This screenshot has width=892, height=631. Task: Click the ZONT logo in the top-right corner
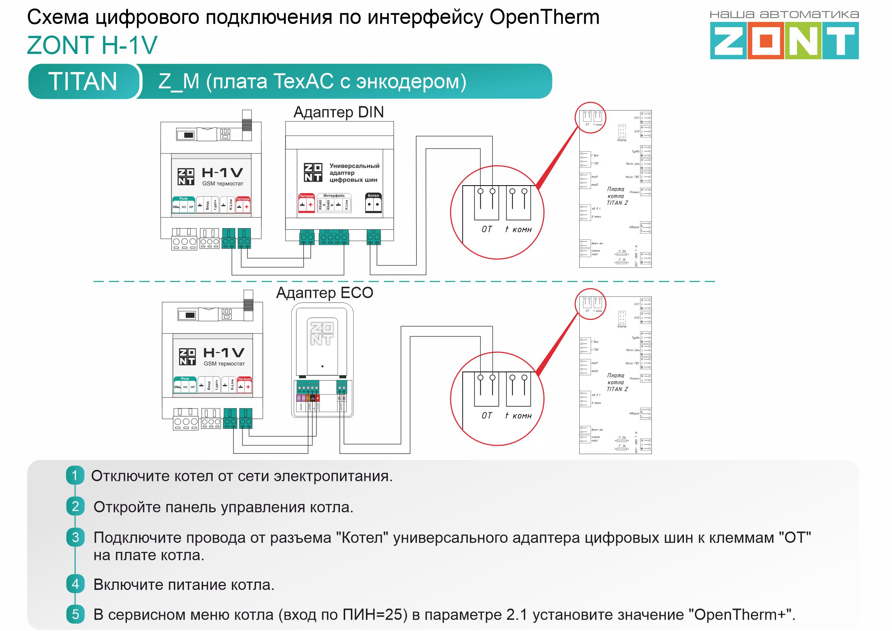pos(784,40)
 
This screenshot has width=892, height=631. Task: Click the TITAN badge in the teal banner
pos(82,81)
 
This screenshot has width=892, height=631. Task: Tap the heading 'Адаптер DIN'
pos(338,112)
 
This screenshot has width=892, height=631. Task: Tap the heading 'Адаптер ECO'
pos(324,293)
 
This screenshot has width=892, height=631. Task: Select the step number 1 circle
pos(75,475)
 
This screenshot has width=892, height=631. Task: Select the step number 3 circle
pos(75,537)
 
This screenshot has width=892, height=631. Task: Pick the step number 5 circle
pos(75,614)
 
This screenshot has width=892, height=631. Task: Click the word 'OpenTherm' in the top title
pos(544,17)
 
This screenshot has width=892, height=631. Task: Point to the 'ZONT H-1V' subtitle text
pos(92,45)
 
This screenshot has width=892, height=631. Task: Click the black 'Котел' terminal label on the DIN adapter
pos(373,196)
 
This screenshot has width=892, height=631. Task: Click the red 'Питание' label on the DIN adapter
pos(306,196)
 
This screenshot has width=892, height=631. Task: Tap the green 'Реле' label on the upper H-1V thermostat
pos(184,198)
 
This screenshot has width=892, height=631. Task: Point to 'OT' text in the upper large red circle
pos(487,229)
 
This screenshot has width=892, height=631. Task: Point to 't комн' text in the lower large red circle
pos(518,416)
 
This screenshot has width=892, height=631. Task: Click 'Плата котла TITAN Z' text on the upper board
pos(617,196)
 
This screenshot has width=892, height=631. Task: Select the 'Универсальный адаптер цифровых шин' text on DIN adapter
pos(353,172)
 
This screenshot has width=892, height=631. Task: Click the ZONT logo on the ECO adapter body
pos(322,333)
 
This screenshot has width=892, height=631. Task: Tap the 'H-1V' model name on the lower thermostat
pos(224,352)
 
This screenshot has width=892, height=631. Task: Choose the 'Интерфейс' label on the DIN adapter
pos(334,196)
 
